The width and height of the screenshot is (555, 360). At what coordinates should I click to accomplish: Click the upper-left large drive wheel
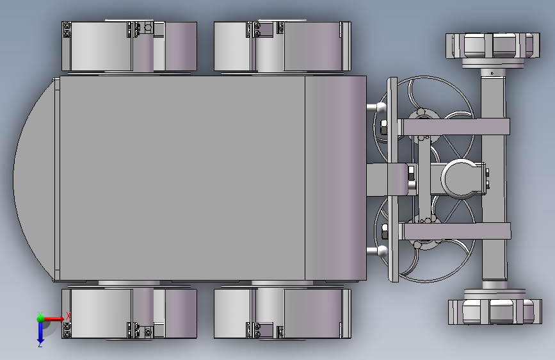coord(129,46)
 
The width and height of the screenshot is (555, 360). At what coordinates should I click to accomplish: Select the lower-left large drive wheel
coord(129,314)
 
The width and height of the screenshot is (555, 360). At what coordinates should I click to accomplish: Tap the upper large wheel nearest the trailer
coord(282,46)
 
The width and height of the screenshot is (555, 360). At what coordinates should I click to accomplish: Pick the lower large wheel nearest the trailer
coord(282,314)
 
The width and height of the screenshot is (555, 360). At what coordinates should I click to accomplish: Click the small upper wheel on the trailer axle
coord(493,45)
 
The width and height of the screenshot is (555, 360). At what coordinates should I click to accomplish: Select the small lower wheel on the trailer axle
coord(495,312)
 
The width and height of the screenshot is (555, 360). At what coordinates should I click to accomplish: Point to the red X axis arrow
coord(53,319)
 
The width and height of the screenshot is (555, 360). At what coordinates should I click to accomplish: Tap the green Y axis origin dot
coord(40,318)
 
